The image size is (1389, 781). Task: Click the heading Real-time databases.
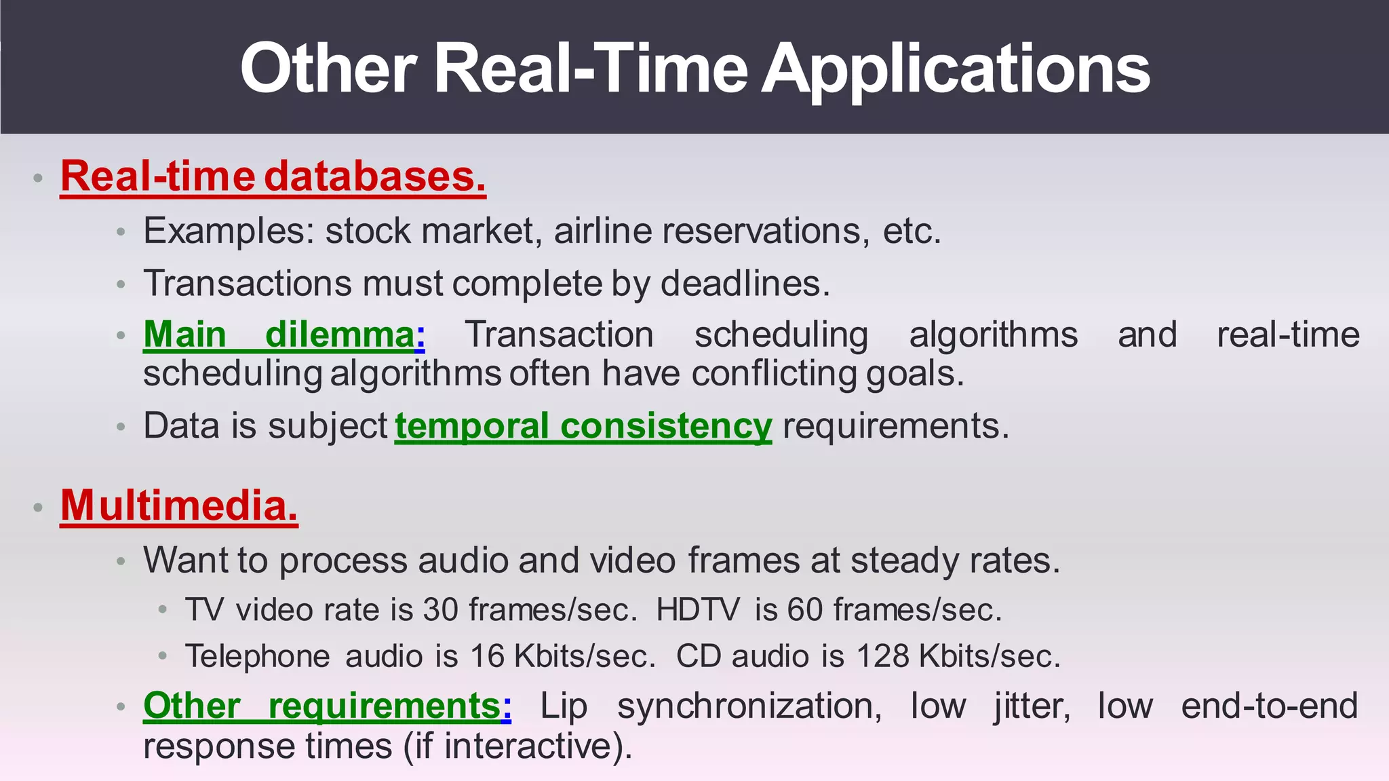(x=273, y=176)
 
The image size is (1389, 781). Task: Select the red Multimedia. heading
(x=179, y=506)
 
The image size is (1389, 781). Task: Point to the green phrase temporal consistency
(x=583, y=427)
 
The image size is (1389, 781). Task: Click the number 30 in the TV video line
(x=441, y=610)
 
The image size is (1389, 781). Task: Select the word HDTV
(x=698, y=610)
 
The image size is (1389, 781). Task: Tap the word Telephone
(x=257, y=657)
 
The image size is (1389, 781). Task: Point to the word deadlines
(x=744, y=284)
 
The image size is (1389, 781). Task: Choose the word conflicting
(x=774, y=374)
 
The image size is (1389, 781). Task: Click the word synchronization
(x=749, y=706)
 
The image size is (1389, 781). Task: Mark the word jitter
(x=1032, y=706)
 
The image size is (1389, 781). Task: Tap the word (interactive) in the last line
(x=536, y=746)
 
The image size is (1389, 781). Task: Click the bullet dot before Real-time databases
(x=39, y=178)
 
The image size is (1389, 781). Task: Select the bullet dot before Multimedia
(x=39, y=508)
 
